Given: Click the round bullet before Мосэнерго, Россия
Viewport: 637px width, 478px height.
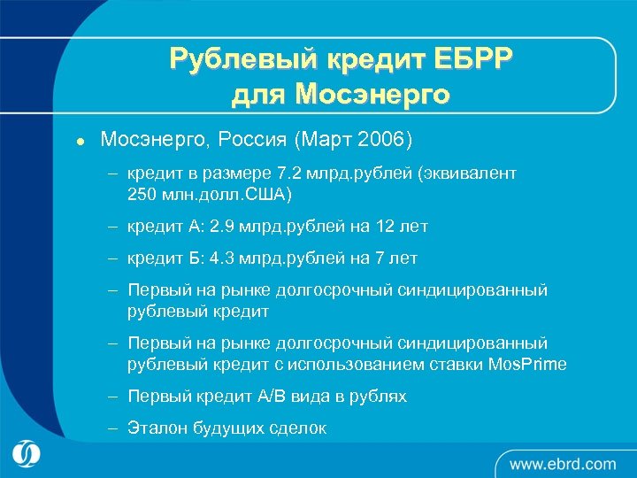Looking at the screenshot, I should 80,142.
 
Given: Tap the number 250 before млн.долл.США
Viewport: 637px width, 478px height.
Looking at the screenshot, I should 142,194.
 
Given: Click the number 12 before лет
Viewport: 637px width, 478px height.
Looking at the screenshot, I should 381,227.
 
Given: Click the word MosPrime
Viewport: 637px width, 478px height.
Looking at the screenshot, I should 527,365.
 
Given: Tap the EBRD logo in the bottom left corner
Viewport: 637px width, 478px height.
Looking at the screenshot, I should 27,453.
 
